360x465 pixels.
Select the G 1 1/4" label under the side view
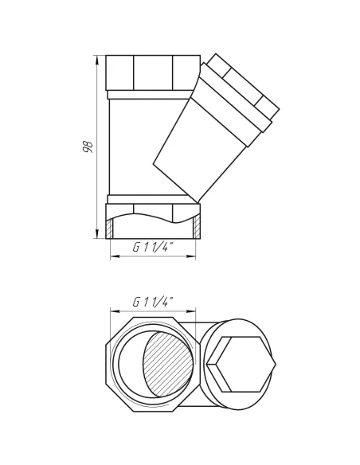pyautogui.click(x=153, y=247)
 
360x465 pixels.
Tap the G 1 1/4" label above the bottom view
pyautogui.click(x=153, y=303)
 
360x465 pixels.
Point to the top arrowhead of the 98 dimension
pyautogui.click(x=97, y=60)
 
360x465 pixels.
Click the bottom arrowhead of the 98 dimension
pyautogui.click(x=97, y=233)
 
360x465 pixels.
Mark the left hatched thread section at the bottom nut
pyautogui.click(x=109, y=229)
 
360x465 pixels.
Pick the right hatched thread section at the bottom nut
pyautogui.click(x=197, y=228)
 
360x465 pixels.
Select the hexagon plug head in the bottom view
pyautogui.click(x=241, y=364)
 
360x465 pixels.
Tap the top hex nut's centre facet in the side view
pyautogui.click(x=153, y=72)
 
